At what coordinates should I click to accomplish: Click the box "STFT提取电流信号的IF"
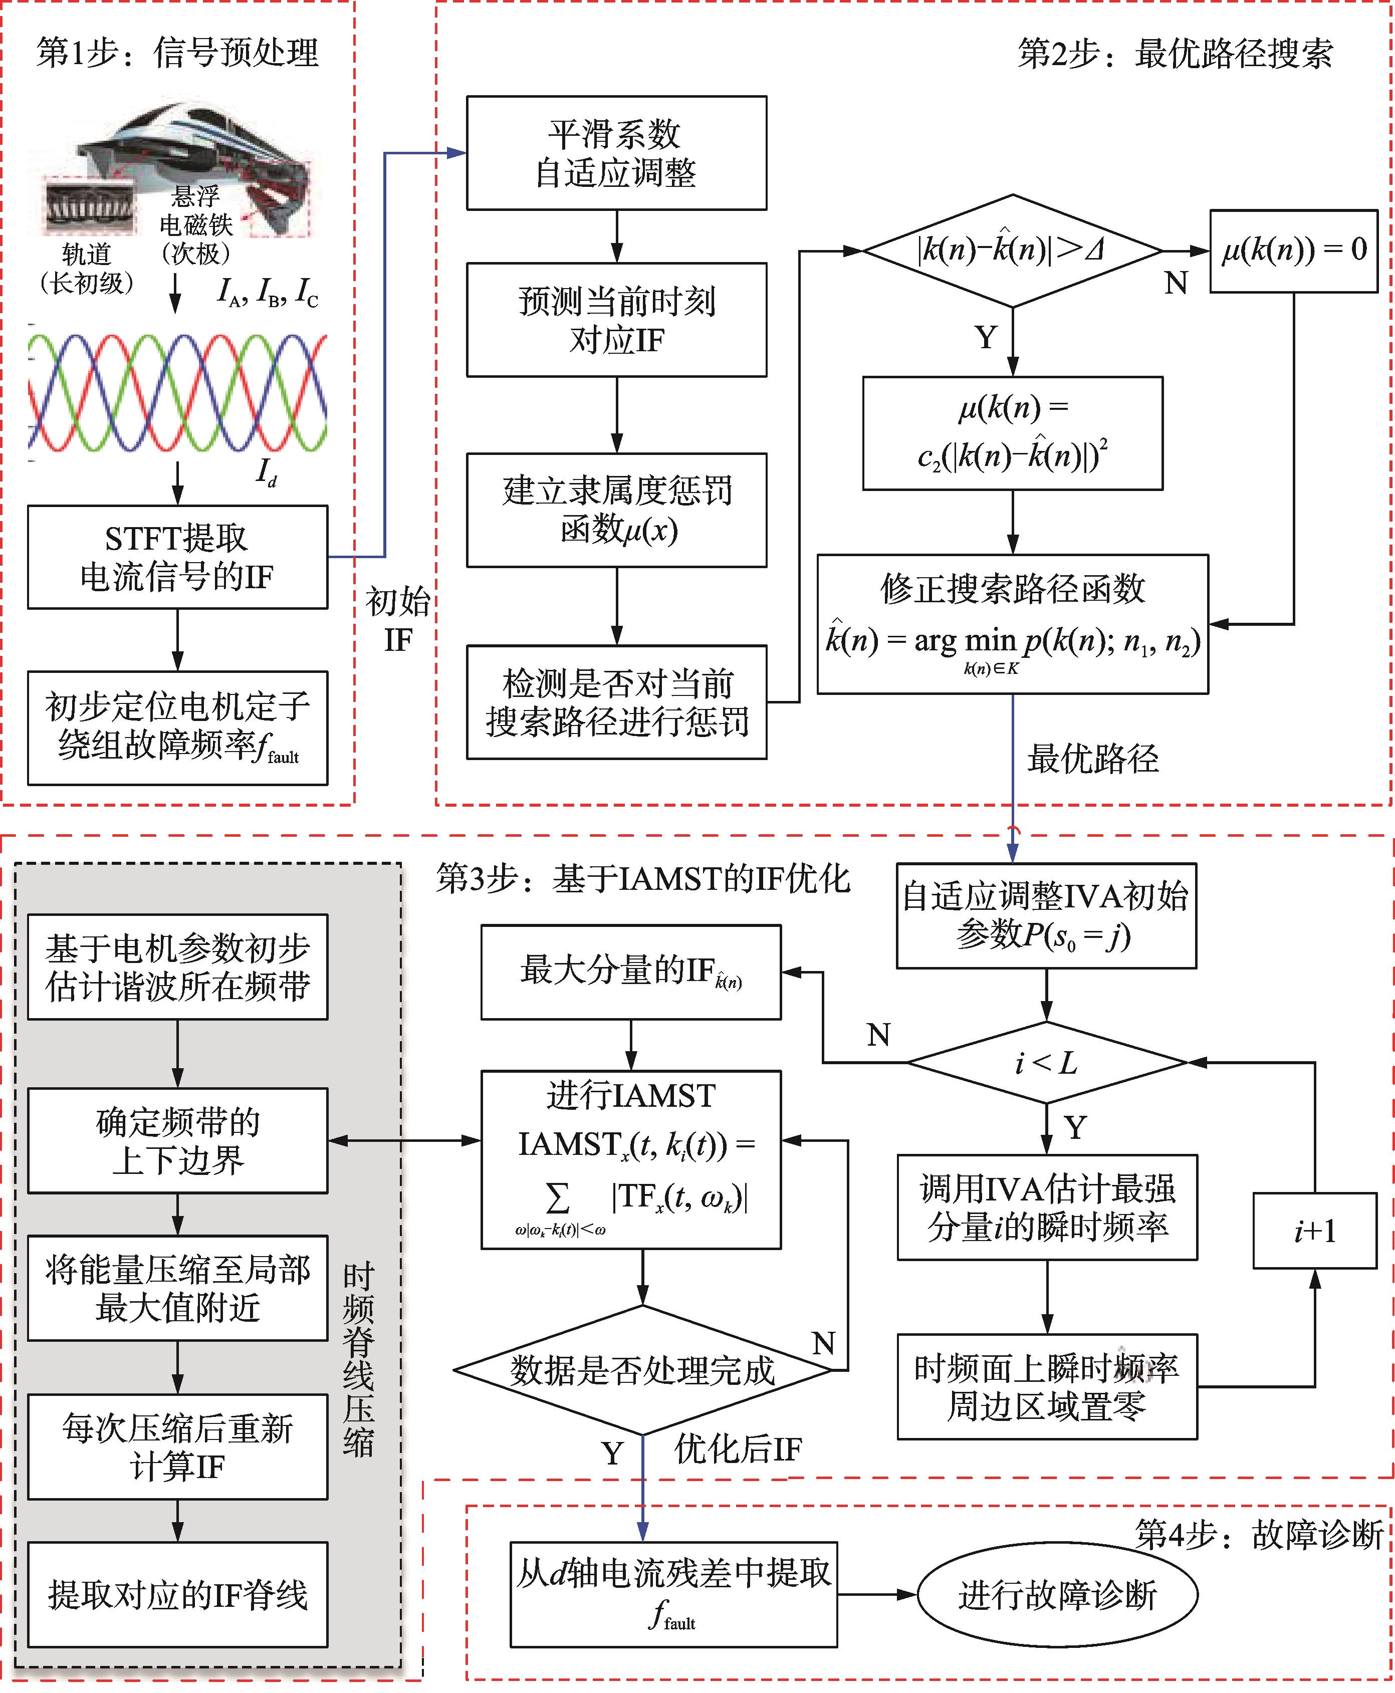(x=177, y=557)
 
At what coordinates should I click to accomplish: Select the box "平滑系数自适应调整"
(x=616, y=153)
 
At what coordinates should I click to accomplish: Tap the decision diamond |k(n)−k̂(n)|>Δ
(x=1013, y=251)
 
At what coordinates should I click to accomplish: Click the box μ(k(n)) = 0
(x=1293, y=251)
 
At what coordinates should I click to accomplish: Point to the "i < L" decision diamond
(x=1046, y=1062)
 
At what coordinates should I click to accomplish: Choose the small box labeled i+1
(x=1315, y=1230)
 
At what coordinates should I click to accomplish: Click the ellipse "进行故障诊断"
(x=1057, y=1594)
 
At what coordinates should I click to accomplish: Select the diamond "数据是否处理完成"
(x=642, y=1370)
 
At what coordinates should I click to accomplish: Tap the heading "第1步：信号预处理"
(x=177, y=53)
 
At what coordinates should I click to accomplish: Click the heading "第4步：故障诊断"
(x=1258, y=1535)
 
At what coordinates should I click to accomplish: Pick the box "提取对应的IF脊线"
(x=177, y=1594)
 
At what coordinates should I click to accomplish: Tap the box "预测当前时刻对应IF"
(x=616, y=320)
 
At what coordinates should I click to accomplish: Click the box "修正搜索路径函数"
(x=1013, y=624)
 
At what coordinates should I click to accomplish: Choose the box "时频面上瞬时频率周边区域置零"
(x=1046, y=1387)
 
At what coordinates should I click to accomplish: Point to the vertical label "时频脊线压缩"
(x=358, y=1358)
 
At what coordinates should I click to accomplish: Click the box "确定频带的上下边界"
(x=177, y=1141)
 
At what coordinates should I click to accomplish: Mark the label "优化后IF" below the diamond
(x=738, y=1448)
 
